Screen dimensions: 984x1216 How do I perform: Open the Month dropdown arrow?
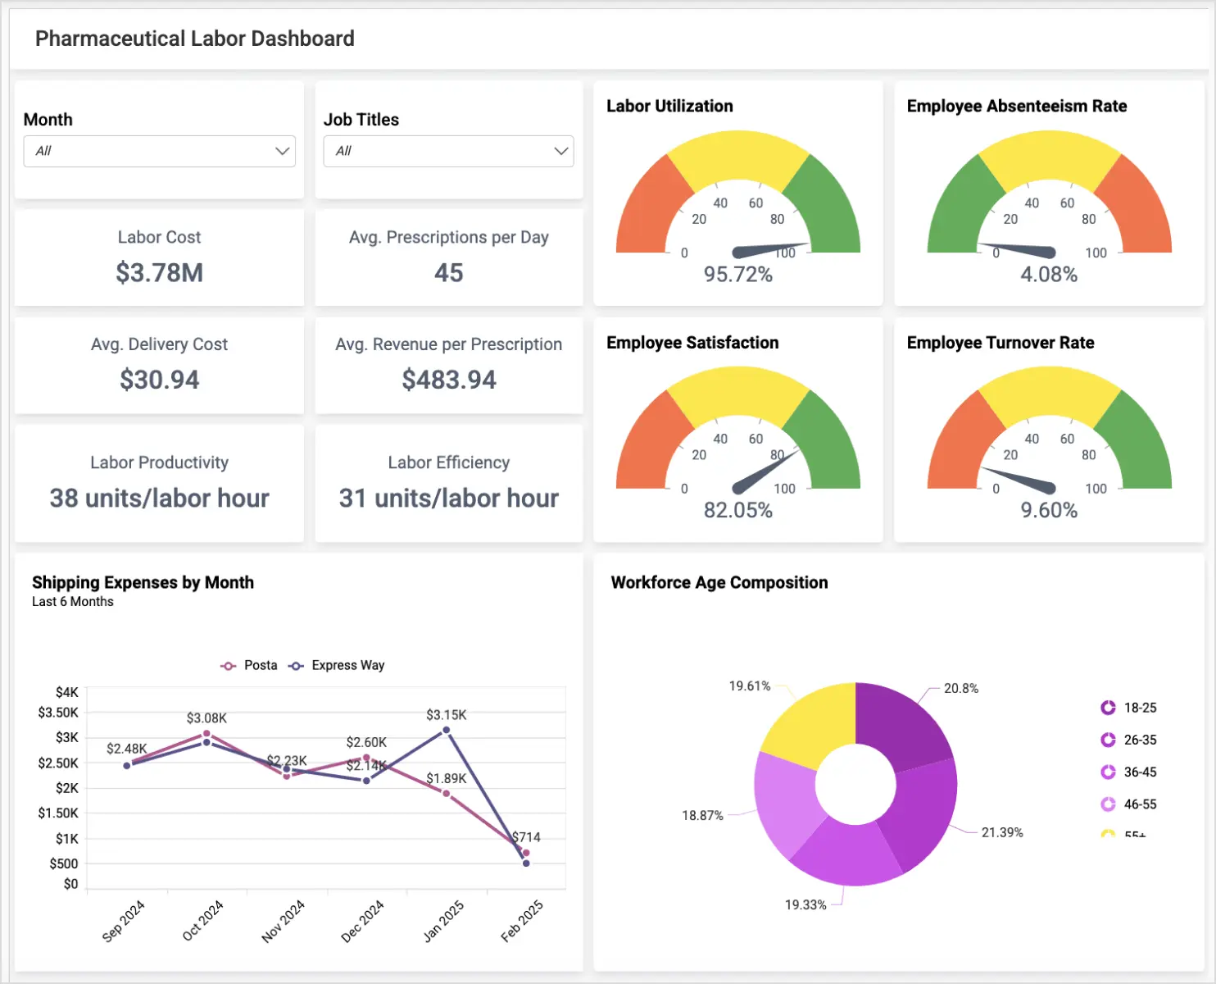click(x=282, y=151)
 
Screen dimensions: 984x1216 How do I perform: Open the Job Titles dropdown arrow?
click(x=560, y=151)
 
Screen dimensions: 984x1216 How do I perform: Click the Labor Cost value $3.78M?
click(x=159, y=272)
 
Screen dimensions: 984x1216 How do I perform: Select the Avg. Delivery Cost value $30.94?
click(x=159, y=380)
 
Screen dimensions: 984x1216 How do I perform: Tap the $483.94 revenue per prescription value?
click(x=448, y=380)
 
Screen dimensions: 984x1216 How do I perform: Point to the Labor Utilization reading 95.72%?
click(x=737, y=275)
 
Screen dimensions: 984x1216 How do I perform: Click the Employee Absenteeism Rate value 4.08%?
click(x=1048, y=275)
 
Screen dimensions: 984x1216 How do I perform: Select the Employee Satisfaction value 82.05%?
click(x=737, y=511)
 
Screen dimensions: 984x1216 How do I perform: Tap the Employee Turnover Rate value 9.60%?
click(x=1048, y=511)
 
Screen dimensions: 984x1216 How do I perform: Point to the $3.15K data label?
click(x=446, y=715)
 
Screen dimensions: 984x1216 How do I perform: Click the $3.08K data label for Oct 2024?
click(x=206, y=718)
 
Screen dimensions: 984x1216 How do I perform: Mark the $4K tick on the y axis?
click(x=66, y=692)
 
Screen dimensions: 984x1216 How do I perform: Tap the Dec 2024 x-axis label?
click(x=362, y=921)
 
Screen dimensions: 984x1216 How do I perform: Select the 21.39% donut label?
click(x=1001, y=832)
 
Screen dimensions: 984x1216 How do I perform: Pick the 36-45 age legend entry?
click(x=1139, y=772)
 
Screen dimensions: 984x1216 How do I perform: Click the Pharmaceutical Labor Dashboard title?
click(x=195, y=39)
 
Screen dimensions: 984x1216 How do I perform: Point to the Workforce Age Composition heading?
click(x=719, y=582)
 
